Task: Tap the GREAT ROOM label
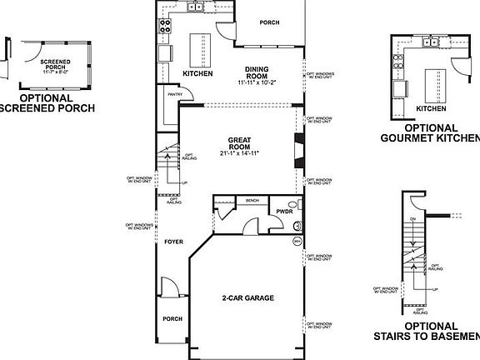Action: click(x=240, y=144)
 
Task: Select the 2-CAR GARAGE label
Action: click(x=247, y=297)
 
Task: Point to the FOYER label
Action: click(x=173, y=242)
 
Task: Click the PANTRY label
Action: click(x=174, y=95)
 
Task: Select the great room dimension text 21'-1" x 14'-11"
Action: click(x=240, y=153)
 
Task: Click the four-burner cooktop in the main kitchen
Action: click(x=163, y=25)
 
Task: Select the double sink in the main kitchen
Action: click(x=197, y=7)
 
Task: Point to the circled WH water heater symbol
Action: click(x=297, y=242)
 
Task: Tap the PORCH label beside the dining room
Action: click(x=268, y=23)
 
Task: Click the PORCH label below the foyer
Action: click(x=172, y=318)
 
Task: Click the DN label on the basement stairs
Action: click(x=411, y=219)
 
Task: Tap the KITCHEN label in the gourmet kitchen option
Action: click(x=431, y=108)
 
